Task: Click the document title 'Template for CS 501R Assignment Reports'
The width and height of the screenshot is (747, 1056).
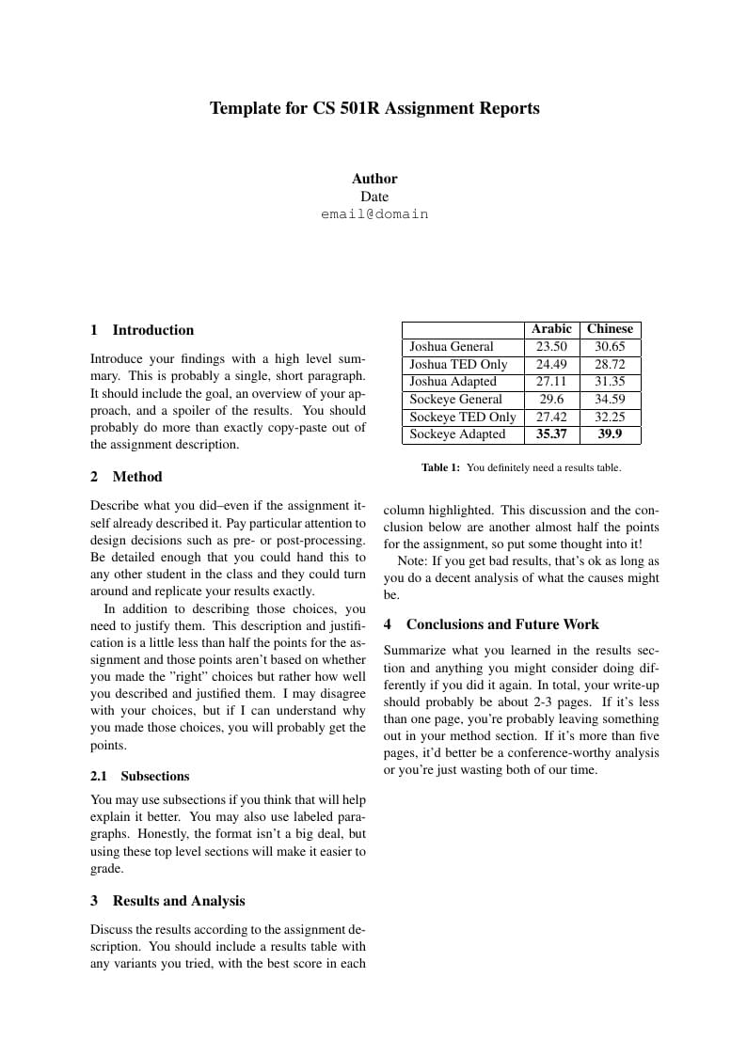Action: tap(374, 108)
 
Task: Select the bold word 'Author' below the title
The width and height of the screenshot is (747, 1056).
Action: tap(374, 179)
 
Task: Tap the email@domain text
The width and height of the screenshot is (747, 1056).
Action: tap(374, 214)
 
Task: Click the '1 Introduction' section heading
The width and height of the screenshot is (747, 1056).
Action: tap(142, 330)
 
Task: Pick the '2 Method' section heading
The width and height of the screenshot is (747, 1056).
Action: tap(126, 477)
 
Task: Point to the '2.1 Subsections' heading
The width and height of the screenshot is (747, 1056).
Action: tap(140, 776)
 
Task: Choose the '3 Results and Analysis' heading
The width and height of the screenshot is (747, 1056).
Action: tap(167, 901)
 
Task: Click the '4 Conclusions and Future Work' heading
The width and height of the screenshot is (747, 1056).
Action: tap(491, 624)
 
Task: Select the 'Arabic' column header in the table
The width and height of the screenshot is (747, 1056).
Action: tap(551, 329)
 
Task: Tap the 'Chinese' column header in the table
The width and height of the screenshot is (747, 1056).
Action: tap(610, 329)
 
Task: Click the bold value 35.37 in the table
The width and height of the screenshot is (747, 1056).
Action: tap(551, 434)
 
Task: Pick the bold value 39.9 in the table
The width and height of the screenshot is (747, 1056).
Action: tap(610, 434)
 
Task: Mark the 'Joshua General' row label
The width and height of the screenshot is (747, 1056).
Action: tap(452, 347)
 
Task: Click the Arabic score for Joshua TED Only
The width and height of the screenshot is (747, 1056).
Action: tap(551, 365)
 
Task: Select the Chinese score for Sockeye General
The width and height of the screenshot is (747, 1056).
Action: tap(610, 400)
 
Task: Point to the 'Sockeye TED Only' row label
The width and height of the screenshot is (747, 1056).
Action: tap(463, 418)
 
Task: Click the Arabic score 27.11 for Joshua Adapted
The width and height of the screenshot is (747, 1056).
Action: tap(551, 382)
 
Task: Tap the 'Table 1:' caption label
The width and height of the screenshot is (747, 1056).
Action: tap(440, 467)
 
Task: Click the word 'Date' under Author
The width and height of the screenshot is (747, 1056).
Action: tap(374, 197)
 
